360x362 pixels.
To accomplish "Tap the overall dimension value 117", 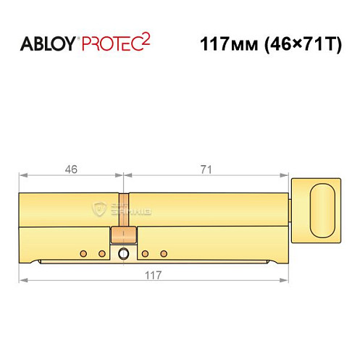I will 151,274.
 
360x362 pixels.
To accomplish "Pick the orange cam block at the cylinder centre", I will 122,235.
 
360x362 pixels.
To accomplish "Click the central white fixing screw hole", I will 123,253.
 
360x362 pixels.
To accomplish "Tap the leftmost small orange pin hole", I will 84,253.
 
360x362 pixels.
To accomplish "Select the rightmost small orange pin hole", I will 164,253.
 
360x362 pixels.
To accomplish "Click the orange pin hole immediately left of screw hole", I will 102,253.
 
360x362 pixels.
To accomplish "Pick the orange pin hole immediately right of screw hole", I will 146,253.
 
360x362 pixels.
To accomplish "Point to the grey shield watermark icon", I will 100,209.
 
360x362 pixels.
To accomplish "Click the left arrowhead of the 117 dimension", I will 22,279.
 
